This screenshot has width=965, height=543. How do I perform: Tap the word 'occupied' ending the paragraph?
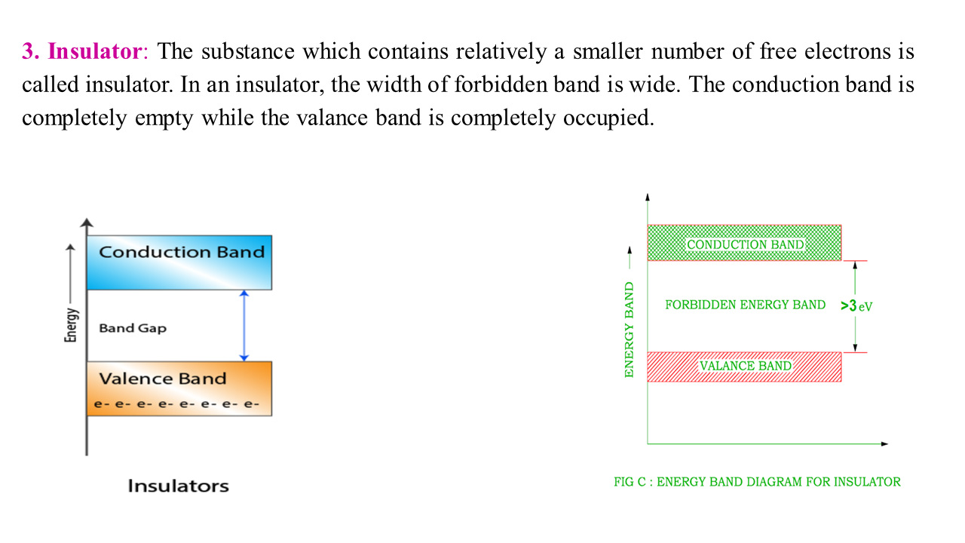tap(608, 118)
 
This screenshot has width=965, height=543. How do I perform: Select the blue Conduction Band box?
tap(179, 262)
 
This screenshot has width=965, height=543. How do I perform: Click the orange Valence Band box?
tap(179, 388)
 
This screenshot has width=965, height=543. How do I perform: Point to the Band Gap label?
tap(133, 328)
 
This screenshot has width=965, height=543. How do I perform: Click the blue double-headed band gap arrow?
tap(244, 326)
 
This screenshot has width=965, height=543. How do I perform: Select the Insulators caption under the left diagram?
tap(178, 486)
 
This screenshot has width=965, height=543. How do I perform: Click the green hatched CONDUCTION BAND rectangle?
tap(744, 243)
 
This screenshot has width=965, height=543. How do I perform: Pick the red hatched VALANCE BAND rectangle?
tap(744, 367)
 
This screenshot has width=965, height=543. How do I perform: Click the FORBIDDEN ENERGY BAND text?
tap(745, 305)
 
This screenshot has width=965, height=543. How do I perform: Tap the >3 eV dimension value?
tap(856, 306)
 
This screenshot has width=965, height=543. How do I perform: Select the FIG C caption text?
tap(757, 482)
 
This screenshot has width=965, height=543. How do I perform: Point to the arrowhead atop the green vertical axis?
tap(648, 197)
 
